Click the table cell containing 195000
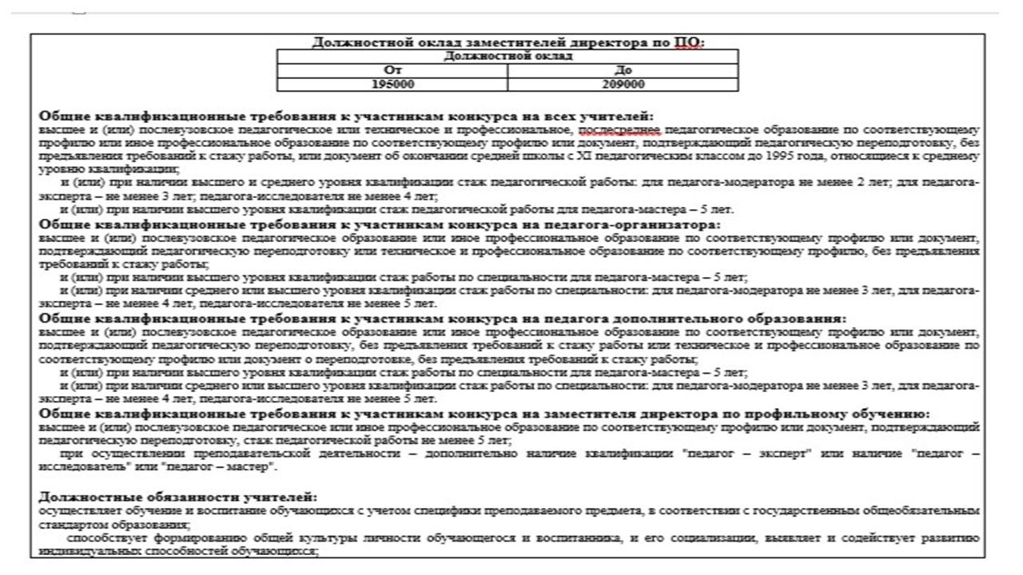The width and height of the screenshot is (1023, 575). [x=392, y=84]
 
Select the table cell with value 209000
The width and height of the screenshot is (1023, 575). [x=623, y=84]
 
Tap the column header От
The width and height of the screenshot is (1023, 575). [x=392, y=70]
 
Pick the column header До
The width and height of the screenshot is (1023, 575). [x=623, y=70]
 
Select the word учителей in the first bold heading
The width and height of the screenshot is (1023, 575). [x=621, y=117]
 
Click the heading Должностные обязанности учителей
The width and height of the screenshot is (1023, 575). [x=178, y=497]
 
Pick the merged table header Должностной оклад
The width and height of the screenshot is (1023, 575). [x=508, y=56]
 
